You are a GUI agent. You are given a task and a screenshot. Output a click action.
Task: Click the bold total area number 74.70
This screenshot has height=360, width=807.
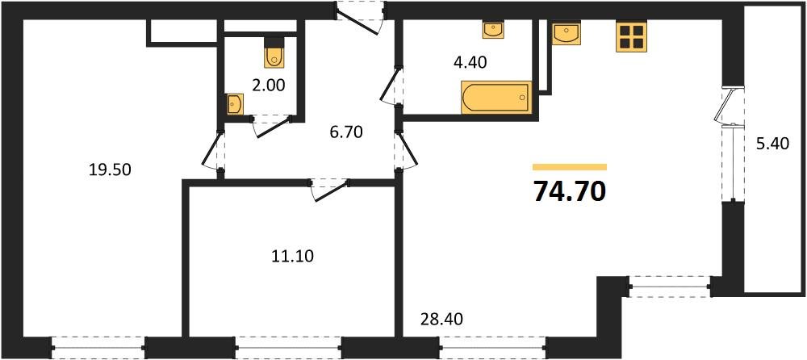point(569,191)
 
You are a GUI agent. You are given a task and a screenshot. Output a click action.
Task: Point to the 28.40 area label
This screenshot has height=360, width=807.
point(441,320)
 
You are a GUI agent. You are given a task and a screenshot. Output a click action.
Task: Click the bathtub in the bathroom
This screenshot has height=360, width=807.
point(495,97)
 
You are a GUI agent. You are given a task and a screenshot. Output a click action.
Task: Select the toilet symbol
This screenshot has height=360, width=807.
point(274,53)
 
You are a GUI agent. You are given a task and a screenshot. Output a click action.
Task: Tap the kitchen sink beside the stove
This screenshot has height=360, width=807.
point(567,33)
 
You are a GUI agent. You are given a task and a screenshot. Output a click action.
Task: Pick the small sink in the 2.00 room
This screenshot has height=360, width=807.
point(235,104)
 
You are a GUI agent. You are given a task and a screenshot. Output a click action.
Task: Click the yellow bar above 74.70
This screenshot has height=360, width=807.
point(569,166)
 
